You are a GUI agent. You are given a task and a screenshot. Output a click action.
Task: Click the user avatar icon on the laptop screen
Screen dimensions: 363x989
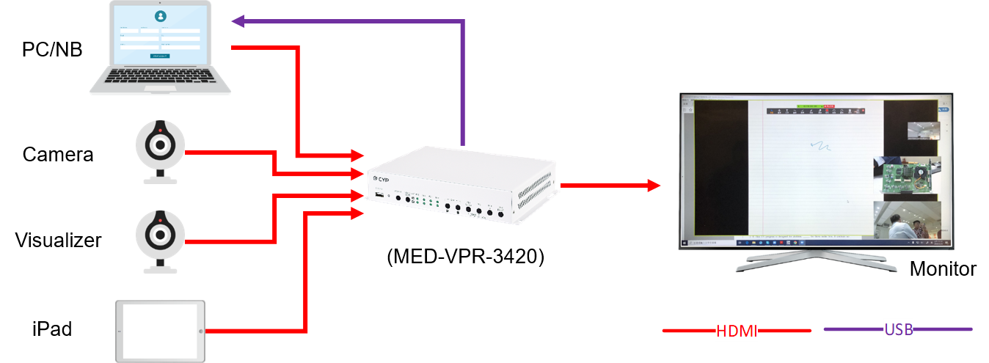161,15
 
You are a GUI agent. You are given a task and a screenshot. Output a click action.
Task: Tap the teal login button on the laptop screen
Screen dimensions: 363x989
160,56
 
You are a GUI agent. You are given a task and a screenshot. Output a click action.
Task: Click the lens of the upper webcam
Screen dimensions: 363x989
159,145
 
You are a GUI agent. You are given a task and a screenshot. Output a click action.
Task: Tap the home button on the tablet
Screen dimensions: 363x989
200,331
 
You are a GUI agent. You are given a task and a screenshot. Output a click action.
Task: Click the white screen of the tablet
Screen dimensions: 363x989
158,331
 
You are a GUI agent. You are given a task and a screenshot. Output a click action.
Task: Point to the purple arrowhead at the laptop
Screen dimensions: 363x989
238,21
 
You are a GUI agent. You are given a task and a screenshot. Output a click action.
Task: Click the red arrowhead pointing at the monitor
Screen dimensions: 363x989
654,186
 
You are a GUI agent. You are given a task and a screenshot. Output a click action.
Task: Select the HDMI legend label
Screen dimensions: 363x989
737,331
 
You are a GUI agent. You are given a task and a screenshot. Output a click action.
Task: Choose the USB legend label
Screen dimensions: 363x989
899,329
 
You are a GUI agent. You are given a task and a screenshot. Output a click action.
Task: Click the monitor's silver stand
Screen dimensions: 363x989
816,260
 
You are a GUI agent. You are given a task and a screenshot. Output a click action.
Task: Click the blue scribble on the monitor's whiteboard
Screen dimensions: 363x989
821,145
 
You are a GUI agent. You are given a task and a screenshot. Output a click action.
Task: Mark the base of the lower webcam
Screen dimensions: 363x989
159,267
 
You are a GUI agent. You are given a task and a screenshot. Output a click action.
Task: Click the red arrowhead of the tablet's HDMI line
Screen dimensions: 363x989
358,213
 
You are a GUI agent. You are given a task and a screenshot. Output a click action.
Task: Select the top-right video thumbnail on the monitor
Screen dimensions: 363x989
923,131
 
